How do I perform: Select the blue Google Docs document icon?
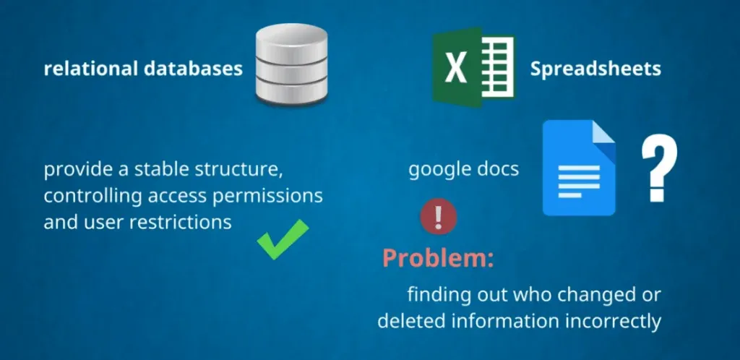coord(579,168)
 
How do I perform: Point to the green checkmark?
coord(283,239)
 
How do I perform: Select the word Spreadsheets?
coord(595,69)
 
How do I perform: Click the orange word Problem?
coord(438,258)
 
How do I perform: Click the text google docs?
coord(463,170)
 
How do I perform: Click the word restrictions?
coord(180,221)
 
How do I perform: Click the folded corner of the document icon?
coord(603,133)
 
